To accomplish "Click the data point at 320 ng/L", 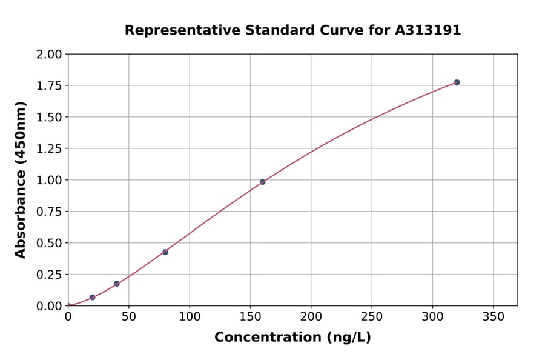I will click(457, 82).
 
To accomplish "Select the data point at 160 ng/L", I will click(262, 182).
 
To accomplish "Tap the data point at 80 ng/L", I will click(165, 252).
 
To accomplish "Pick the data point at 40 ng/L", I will click(117, 284).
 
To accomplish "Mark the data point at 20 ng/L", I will click(93, 298).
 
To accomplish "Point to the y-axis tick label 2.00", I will click(49, 55).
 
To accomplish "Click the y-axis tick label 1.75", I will click(49, 86).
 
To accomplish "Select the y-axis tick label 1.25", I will click(49, 149).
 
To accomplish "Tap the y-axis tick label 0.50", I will click(49, 243).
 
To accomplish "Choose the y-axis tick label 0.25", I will click(49, 275).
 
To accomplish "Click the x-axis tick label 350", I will click(493, 317).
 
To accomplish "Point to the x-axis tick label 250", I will click(372, 317).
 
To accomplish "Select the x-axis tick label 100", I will click(190, 317).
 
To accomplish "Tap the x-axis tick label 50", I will click(129, 317).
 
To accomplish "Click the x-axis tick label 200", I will click(311, 317).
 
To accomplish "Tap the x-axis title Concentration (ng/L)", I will click(292, 338).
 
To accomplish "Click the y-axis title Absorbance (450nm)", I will click(21, 179).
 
